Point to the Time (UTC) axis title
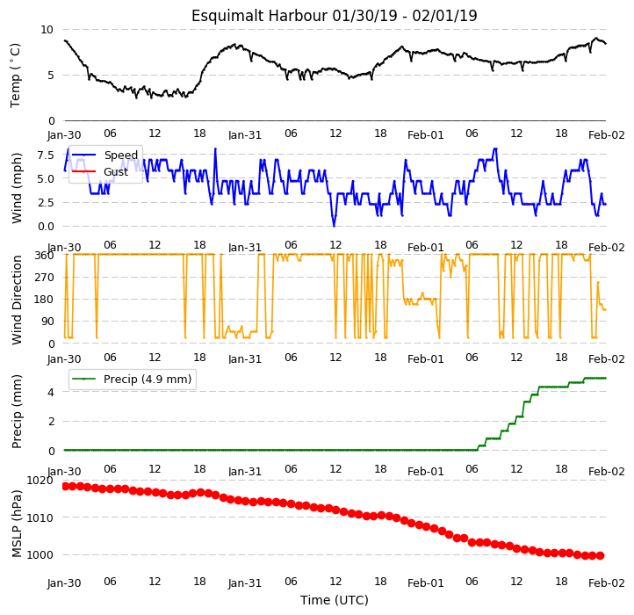pos(335,600)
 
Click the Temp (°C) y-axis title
pos(15,76)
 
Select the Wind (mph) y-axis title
pos(17,188)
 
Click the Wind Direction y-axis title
pos(17,300)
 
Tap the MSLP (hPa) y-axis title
pos(17,524)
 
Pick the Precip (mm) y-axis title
pos(17,411)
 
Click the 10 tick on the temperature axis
pos(47,30)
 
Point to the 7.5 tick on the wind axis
pos(46,155)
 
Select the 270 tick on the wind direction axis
pos(46,278)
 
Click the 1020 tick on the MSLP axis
pos(40,481)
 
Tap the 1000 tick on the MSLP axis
pos(40,554)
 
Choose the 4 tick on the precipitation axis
pos(51,392)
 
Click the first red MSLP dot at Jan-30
pos(66,487)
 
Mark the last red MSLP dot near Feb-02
pos(601,556)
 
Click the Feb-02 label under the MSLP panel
pos(607,583)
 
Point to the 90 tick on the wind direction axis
pos(48,322)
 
